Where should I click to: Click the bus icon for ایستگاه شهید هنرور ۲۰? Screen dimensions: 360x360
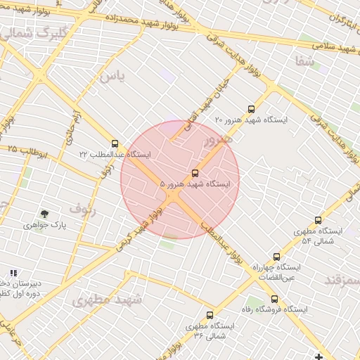click(252, 109)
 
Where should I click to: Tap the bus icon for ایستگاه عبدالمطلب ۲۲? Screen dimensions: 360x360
click(115, 142)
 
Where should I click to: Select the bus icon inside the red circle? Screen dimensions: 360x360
click(195, 173)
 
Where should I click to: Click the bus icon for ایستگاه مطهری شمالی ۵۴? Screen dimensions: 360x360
click(318, 220)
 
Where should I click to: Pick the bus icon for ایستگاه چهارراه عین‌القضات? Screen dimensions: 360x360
click(276, 257)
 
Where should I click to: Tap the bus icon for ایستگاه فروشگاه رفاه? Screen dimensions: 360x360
click(275, 299)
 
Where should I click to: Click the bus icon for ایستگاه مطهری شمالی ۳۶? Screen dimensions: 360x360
click(210, 316)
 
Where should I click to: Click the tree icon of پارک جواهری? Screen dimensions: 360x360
click(45, 214)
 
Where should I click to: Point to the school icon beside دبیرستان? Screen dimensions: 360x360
click(13, 273)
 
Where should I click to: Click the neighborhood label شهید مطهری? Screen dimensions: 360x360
click(106, 301)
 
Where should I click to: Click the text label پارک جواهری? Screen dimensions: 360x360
click(43, 226)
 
